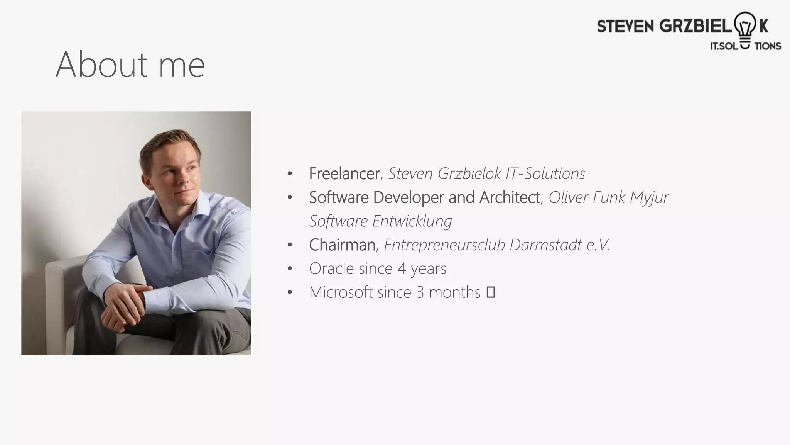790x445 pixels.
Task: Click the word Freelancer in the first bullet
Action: point(344,174)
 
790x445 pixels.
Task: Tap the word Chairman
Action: point(342,245)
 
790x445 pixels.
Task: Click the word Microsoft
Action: point(341,292)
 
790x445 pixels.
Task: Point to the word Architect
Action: point(509,197)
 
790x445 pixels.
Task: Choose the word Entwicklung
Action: point(412,221)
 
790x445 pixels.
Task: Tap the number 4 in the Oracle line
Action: point(402,269)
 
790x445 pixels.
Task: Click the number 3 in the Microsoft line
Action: point(420,292)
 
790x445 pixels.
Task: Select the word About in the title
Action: point(101,65)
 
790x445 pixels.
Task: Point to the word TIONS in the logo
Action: point(767,46)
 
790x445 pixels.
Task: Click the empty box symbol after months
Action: point(490,292)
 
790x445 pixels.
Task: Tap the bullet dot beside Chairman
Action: point(290,245)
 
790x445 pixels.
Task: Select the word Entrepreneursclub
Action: point(444,245)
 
